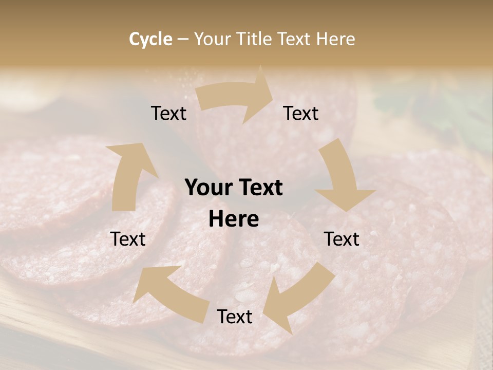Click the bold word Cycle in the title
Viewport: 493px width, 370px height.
(x=150, y=39)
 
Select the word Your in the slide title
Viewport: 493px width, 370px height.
(x=212, y=39)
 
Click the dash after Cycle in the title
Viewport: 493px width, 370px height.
(x=183, y=39)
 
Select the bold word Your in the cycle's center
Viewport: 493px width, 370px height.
(x=207, y=188)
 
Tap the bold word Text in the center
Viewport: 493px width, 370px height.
(x=258, y=188)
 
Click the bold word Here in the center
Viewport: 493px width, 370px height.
(x=234, y=219)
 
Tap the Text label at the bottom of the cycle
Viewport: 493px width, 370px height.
(x=234, y=317)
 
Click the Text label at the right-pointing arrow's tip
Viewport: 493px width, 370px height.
(x=301, y=113)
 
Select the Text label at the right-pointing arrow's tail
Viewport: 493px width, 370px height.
(x=168, y=113)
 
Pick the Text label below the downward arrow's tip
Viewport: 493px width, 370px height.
(x=342, y=239)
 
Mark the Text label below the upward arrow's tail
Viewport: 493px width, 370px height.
(x=128, y=239)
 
